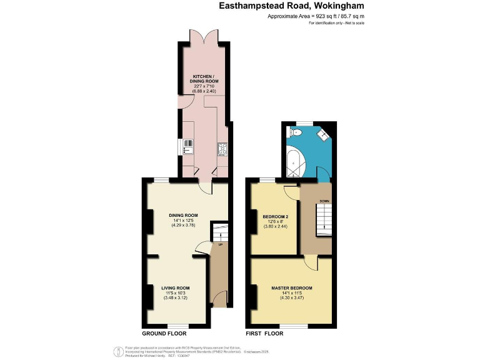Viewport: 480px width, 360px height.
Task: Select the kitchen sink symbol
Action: [187, 147]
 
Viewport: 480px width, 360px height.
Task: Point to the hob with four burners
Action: [222, 149]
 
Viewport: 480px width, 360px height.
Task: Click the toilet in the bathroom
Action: [296, 133]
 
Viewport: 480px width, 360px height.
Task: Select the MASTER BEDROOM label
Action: [292, 288]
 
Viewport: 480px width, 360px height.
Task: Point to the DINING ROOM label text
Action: [183, 215]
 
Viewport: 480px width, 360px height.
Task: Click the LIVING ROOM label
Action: [175, 287]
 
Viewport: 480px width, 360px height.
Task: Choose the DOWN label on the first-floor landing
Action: [324, 201]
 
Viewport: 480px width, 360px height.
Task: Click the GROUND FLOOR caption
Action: [162, 334]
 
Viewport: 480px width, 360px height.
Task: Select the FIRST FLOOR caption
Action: [264, 334]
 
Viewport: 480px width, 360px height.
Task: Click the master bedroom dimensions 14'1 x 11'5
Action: [291, 294]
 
